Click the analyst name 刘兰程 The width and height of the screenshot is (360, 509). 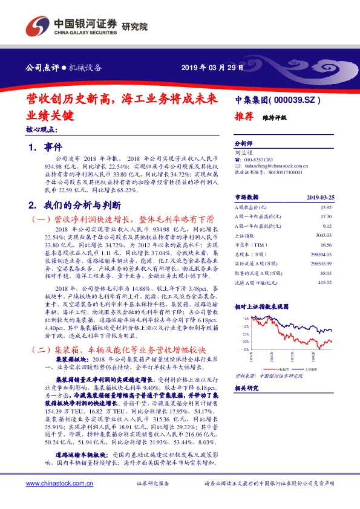pos(243,154)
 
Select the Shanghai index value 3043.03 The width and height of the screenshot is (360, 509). pos(322,235)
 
